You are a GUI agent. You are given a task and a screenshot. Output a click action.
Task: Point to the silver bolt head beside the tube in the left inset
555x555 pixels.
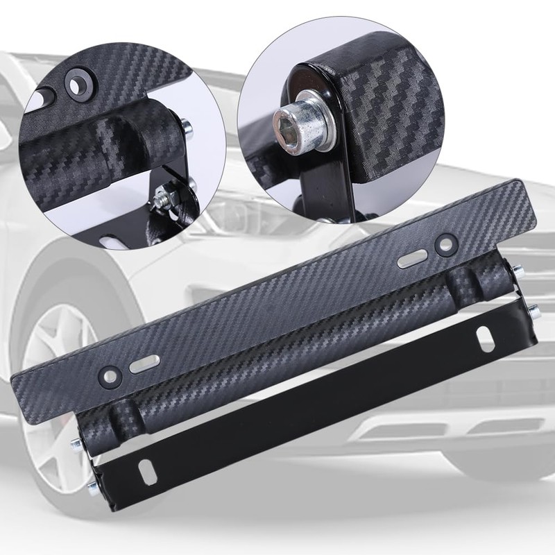tap(187, 127)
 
